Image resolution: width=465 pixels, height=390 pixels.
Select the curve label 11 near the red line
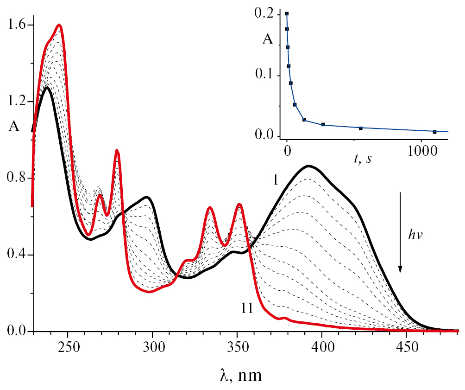point(247,308)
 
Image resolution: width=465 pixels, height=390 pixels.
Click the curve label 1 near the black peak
point(275,180)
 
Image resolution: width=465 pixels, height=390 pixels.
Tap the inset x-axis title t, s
point(363,159)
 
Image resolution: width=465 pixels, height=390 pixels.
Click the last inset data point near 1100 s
point(435,132)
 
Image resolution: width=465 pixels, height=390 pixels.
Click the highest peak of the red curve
point(59,25)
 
